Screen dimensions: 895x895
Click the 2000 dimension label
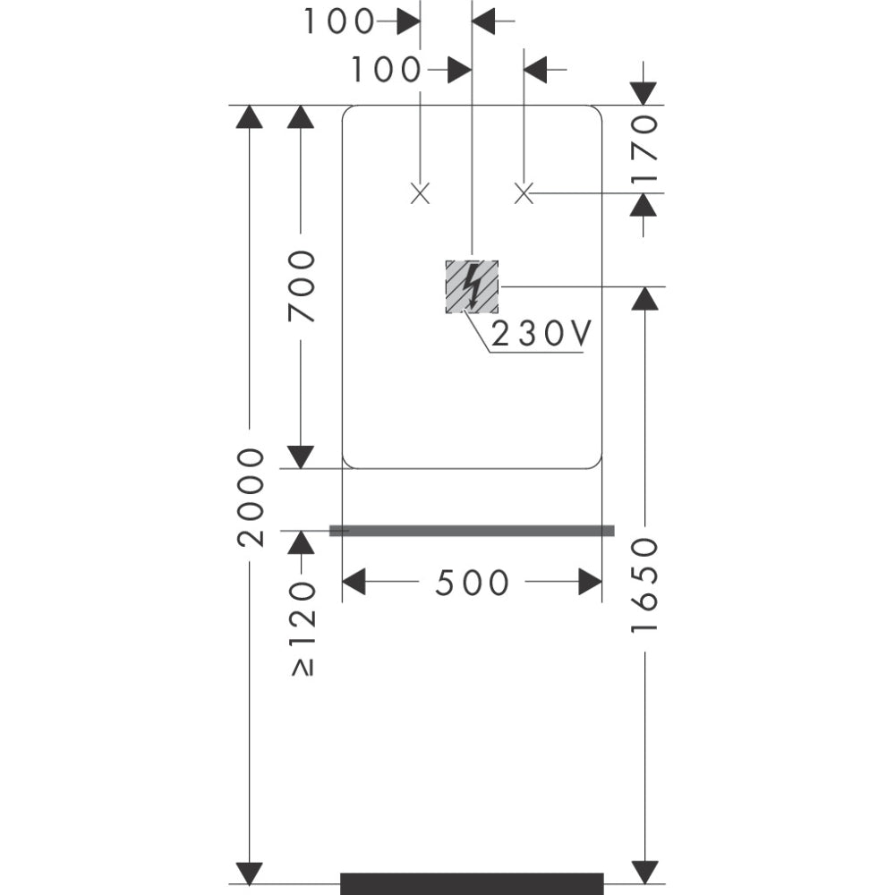click(251, 497)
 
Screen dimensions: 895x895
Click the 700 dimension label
click(302, 286)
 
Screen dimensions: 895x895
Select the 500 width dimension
click(472, 583)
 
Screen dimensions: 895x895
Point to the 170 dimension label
click(644, 149)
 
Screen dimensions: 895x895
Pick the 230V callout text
click(541, 334)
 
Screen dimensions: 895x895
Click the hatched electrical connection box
click(472, 286)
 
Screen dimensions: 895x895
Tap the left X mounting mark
click(420, 192)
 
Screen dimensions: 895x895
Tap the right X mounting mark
click(524, 192)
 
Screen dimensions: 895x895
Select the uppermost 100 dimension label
click(337, 21)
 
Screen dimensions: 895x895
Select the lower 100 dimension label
click(385, 70)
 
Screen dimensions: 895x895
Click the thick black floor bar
click(472, 882)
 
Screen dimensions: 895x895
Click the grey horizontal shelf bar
click(472, 531)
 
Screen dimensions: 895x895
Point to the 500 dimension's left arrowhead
click(354, 582)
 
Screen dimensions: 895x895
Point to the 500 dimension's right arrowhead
click(590, 582)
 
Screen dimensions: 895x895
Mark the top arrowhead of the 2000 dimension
click(250, 116)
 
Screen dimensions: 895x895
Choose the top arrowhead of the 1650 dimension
click(644, 298)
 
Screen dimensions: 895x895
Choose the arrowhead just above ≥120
click(302, 542)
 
